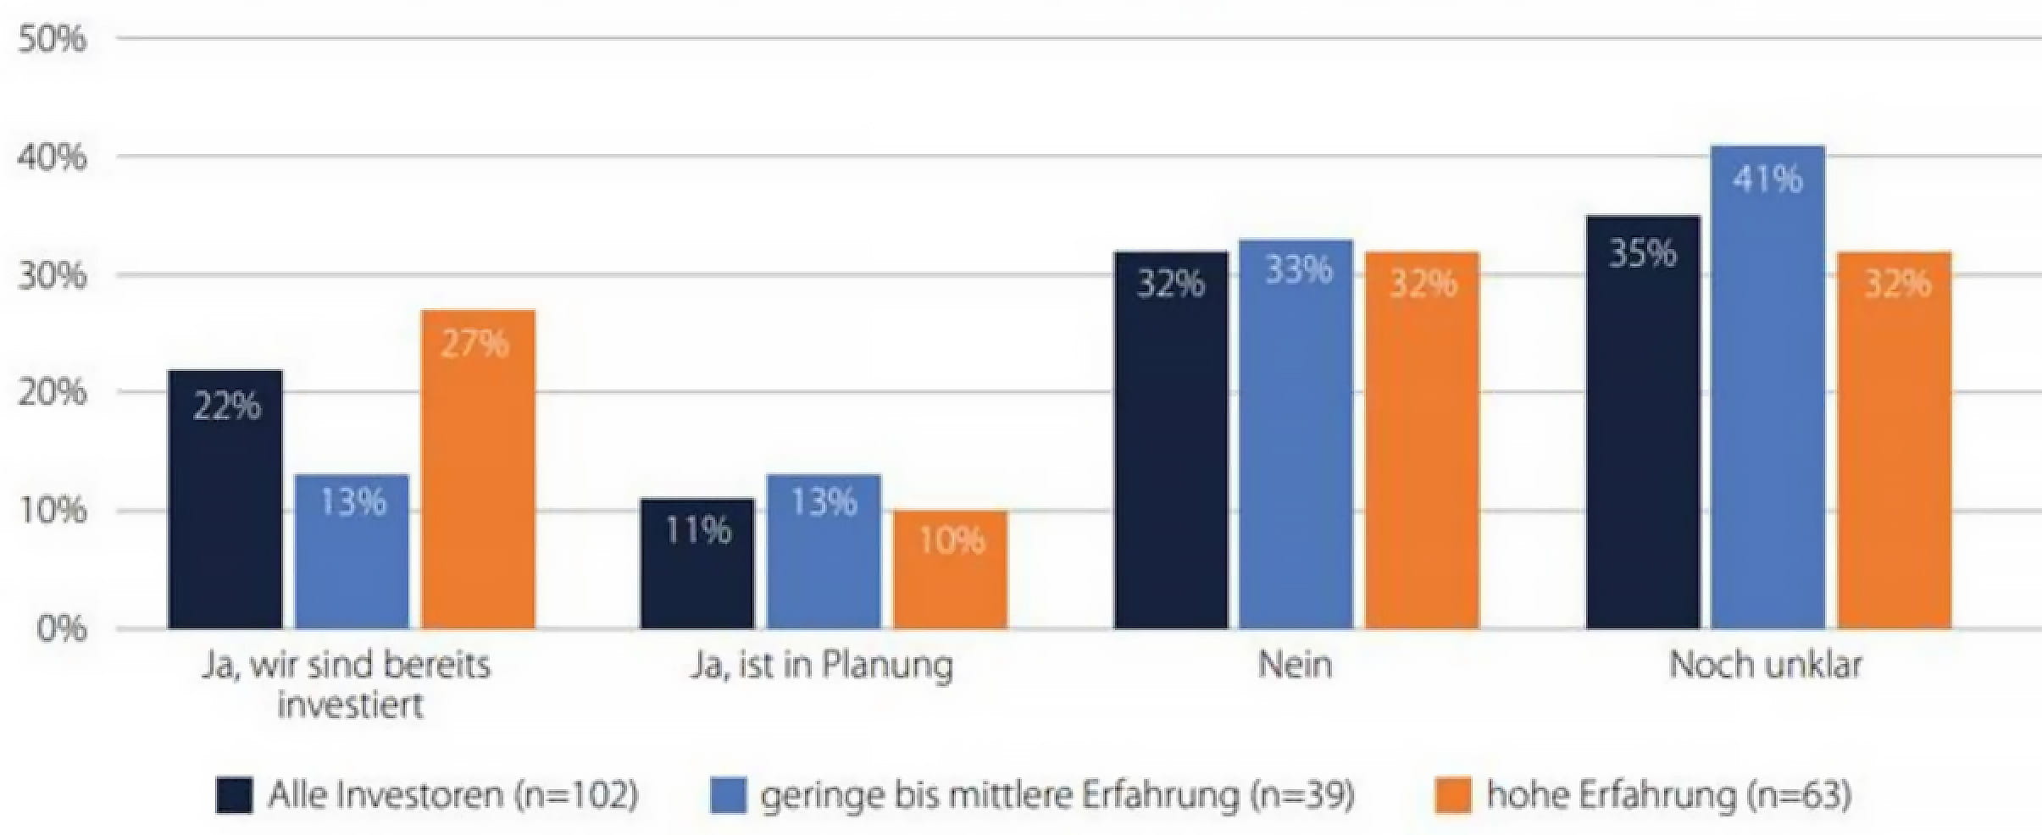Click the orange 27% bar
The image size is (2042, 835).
click(478, 470)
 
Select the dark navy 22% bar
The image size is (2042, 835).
click(225, 500)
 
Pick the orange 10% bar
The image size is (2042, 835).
click(951, 570)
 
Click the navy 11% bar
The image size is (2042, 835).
click(696, 564)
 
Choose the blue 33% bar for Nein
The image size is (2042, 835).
click(1296, 434)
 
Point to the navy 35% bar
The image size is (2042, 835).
click(1642, 423)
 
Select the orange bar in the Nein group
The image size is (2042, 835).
click(1423, 440)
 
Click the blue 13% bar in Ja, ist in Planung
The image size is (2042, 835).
click(824, 552)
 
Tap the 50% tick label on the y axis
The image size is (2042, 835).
click(53, 39)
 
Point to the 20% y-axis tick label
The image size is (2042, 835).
click(53, 393)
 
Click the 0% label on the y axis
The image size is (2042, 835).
click(61, 629)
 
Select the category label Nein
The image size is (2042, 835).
click(1295, 666)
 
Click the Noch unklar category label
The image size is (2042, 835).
click(1766, 666)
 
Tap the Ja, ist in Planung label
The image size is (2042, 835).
click(821, 666)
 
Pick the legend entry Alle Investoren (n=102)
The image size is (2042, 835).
click(452, 795)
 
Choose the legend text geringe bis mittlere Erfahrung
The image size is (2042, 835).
click(1057, 795)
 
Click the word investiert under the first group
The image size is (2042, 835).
click(350, 705)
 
